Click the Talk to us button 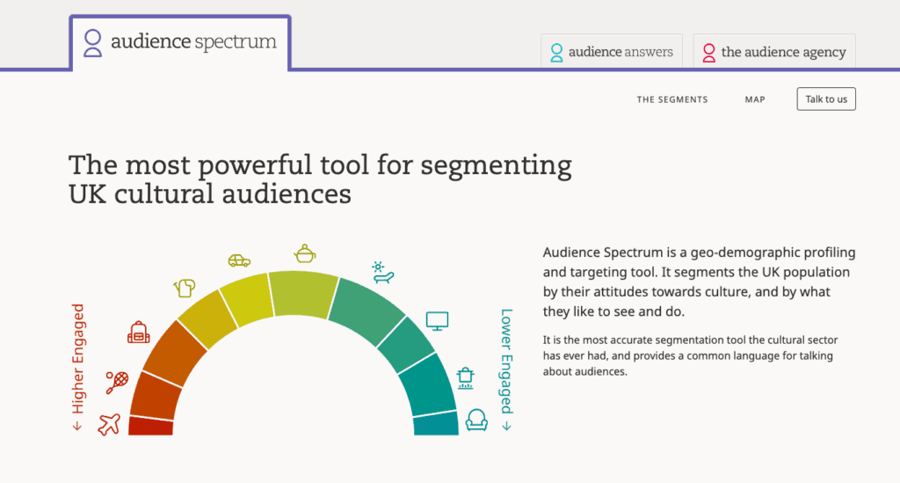[826, 99]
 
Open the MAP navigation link [755, 99]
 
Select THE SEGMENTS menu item [672, 99]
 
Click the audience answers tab [612, 52]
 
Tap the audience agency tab [774, 52]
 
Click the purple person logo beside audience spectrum [92, 43]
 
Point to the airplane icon [109, 424]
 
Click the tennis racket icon [117, 382]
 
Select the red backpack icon [138, 333]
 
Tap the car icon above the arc [239, 260]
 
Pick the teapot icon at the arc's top [305, 253]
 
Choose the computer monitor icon [438, 321]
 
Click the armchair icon [476, 420]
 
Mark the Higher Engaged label [77, 366]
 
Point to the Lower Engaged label [506, 370]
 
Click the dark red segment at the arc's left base [150, 426]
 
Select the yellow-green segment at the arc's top [303, 294]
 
